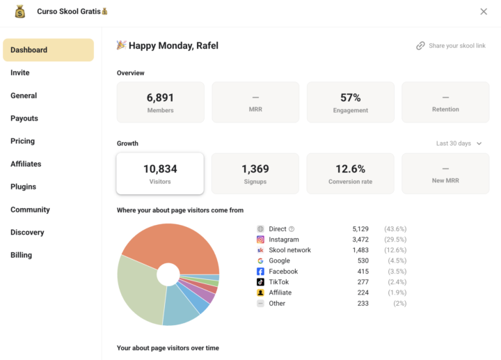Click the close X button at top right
coord(484,12)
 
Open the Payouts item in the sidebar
coord(24,118)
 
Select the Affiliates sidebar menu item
coord(26,164)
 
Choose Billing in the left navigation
coord(21,255)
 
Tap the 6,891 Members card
coord(160,102)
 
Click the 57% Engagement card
coord(350,102)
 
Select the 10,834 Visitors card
coord(160,173)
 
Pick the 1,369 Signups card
coord(255,173)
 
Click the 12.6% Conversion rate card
coord(350,173)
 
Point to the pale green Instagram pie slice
coord(139,289)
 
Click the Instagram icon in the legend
coord(260,240)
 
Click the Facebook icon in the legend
coord(260,272)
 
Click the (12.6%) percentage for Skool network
coord(395,250)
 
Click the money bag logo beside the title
coord(19,12)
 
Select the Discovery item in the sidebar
coord(27,232)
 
